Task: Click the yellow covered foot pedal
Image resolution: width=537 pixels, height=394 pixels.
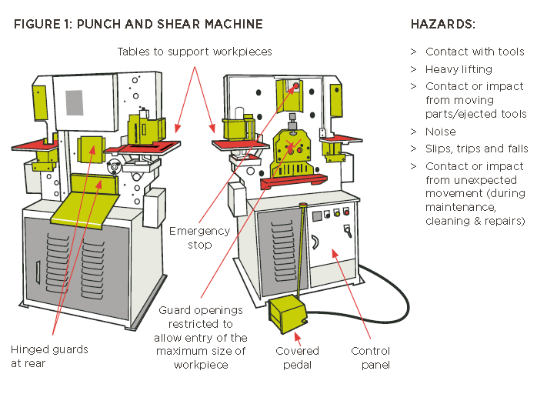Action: pyautogui.click(x=286, y=316)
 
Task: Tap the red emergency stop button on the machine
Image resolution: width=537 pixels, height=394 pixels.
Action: pyautogui.click(x=293, y=87)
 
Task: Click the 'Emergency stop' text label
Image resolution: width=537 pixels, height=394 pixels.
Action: pyautogui.click(x=199, y=238)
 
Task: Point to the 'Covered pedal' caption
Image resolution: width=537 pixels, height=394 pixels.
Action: pyautogui.click(x=297, y=357)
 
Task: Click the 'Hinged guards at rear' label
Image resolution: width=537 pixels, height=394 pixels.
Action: pyautogui.click(x=49, y=356)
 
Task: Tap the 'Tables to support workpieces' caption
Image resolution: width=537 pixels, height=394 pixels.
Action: pyautogui.click(x=195, y=52)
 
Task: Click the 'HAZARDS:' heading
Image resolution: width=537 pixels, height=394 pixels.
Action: pyautogui.click(x=444, y=25)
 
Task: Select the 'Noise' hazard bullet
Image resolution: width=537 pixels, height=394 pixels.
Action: pyautogui.click(x=441, y=132)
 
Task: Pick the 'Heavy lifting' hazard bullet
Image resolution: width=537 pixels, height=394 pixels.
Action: pyautogui.click(x=459, y=69)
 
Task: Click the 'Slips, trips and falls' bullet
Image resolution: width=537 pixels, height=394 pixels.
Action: pyautogui.click(x=475, y=149)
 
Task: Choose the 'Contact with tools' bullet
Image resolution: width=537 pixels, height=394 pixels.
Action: pyautogui.click(x=475, y=52)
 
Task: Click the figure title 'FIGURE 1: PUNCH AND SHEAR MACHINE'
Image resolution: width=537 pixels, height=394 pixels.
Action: pyautogui.click(x=138, y=25)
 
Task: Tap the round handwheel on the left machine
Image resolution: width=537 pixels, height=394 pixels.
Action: pyautogui.click(x=115, y=165)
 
